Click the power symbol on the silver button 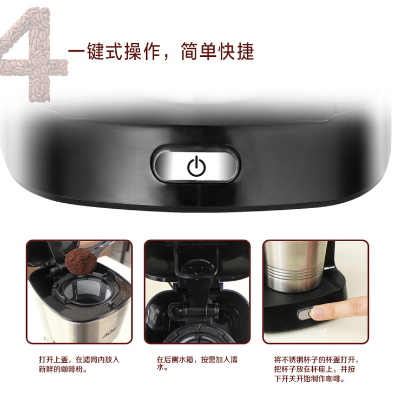pyautogui.click(x=196, y=166)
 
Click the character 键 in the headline pyautogui.click(x=96, y=51)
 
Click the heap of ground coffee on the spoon pyautogui.click(x=81, y=261)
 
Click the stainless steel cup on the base pyautogui.click(x=295, y=267)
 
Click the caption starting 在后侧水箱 pyautogui.click(x=197, y=363)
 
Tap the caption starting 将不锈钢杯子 pyautogui.click(x=317, y=369)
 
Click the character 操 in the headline pyautogui.click(x=133, y=51)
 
